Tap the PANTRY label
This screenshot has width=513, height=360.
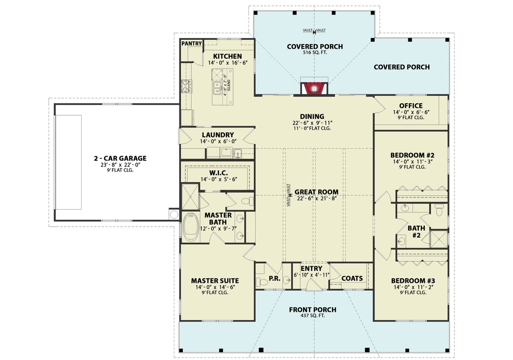tap(191, 44)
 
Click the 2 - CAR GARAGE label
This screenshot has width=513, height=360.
tap(120, 158)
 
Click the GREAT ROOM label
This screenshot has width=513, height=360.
tap(316, 192)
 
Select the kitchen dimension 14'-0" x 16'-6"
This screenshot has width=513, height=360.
tap(227, 63)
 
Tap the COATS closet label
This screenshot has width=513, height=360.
tap(352, 278)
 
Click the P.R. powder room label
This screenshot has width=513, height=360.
tap(274, 278)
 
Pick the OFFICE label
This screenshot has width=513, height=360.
tap(410, 106)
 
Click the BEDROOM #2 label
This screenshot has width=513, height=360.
tap(411, 155)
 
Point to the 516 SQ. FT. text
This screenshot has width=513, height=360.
tap(315, 53)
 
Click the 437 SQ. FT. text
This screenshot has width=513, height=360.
tap(312, 316)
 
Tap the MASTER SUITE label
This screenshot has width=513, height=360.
tap(215, 280)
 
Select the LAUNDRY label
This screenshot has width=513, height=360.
tap(217, 135)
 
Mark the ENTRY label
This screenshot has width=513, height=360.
tap(311, 269)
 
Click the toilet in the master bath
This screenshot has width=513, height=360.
tap(247, 202)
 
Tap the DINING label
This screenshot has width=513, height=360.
tap(312, 116)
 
